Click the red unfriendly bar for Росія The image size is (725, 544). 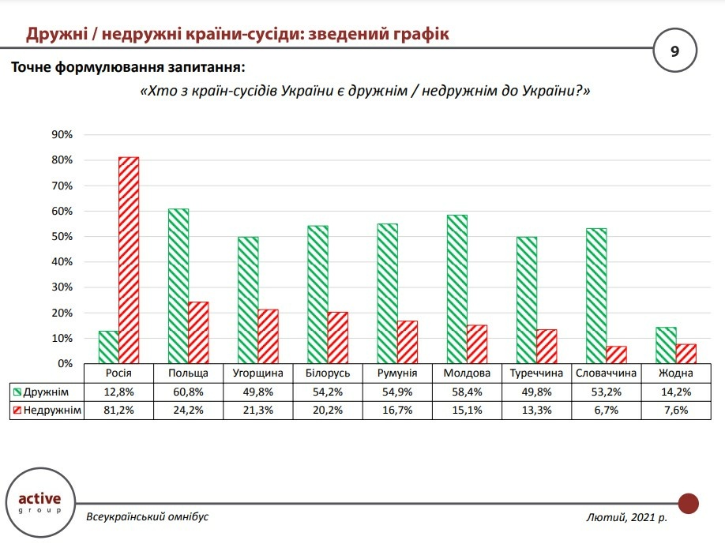coord(129,260)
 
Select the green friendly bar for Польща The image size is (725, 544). coord(178,286)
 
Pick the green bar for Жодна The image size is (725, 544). coord(666,345)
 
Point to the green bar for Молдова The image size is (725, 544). coord(456,289)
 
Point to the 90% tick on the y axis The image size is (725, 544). coord(62,135)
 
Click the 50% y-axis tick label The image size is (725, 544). coord(62,237)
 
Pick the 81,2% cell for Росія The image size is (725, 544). coord(118,410)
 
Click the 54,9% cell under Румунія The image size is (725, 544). coord(397,392)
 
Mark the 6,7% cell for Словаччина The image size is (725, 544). coord(606,410)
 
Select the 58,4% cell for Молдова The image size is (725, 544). coord(467,392)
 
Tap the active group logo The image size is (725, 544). coord(44,502)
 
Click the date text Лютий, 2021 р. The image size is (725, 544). coord(627,517)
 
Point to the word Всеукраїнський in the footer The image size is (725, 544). coord(119,516)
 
